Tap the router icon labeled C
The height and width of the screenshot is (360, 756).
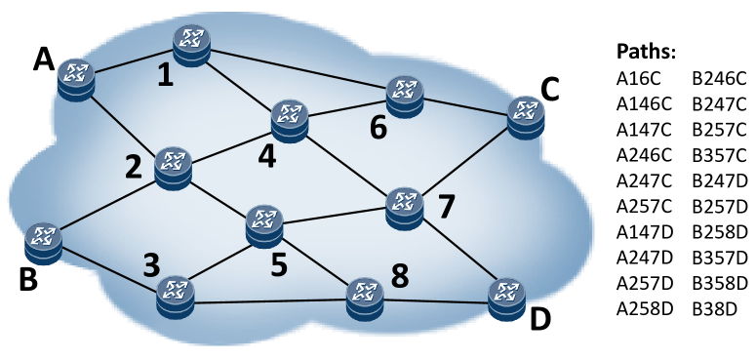point(527,115)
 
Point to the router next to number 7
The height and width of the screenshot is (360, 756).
point(403,208)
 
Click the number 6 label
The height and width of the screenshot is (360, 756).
point(378,127)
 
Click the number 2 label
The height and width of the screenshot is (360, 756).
point(135,169)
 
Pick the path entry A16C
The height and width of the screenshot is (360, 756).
point(638,78)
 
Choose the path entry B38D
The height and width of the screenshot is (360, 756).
point(714,311)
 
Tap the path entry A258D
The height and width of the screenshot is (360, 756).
point(643,311)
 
